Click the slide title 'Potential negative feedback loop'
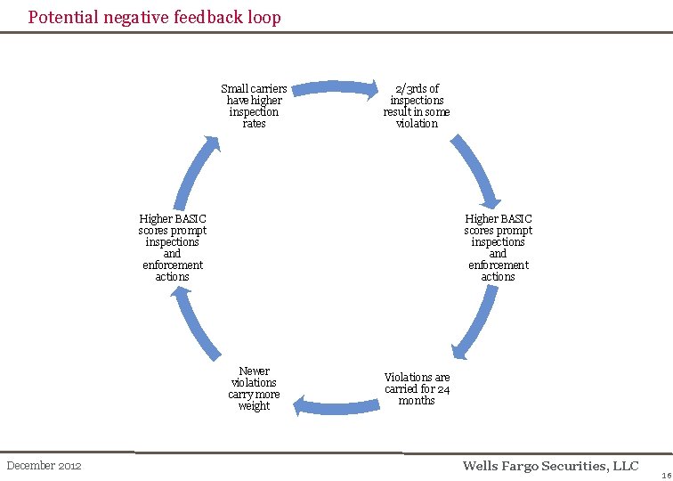click(154, 17)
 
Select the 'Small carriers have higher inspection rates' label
click(254, 106)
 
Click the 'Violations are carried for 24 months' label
click(417, 388)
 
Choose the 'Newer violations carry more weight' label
click(254, 388)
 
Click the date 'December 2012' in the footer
click(44, 466)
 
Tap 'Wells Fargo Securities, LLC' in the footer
click(551, 466)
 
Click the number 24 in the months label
click(443, 388)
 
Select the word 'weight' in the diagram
click(254, 406)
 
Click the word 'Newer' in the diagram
click(255, 371)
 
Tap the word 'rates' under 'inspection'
click(254, 124)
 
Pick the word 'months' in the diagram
click(417, 400)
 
